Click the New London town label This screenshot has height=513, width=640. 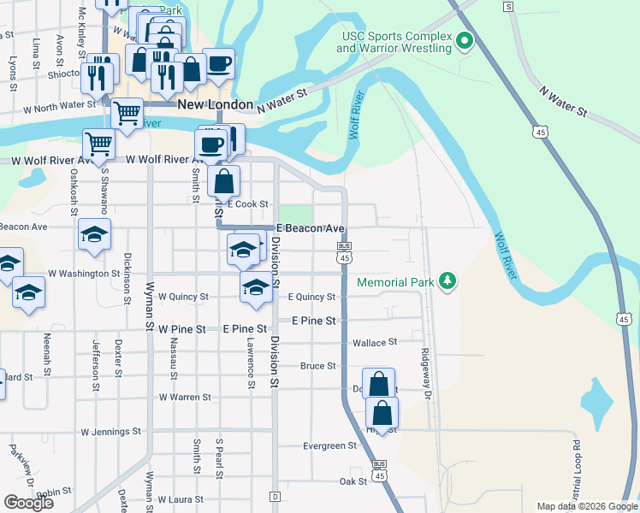(215, 104)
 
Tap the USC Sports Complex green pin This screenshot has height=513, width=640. (464, 40)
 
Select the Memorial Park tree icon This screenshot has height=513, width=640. (446, 280)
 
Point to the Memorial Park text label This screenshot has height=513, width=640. (395, 281)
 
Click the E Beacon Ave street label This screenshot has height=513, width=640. (310, 228)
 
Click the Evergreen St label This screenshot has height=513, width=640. (329, 445)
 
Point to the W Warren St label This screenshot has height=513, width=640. (185, 397)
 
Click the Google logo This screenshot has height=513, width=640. (28, 503)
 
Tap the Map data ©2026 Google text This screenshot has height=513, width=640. (587, 506)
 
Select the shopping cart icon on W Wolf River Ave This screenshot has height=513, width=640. (98, 143)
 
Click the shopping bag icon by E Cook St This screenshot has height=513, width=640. (223, 180)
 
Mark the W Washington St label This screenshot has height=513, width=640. (84, 274)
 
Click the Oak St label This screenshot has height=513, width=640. (353, 481)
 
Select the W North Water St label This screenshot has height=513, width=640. (59, 105)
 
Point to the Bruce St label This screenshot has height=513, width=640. (317, 366)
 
